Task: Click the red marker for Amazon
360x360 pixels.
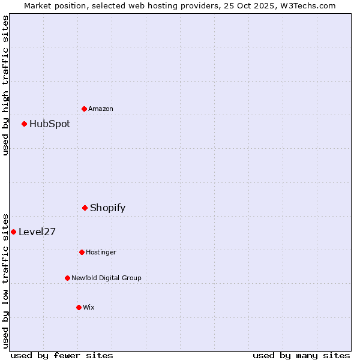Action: [85, 109]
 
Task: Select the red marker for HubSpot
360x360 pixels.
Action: [25, 124]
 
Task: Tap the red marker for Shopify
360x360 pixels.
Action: [85, 208]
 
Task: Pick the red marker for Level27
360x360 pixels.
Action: [14, 232]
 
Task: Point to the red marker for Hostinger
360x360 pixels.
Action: [82, 252]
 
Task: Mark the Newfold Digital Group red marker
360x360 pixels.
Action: [68, 278]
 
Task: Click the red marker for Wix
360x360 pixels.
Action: [79, 307]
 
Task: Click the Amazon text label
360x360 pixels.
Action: [101, 109]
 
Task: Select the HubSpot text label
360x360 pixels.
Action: [50, 124]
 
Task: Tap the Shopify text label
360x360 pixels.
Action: [107, 208]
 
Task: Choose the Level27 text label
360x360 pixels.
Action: [37, 232]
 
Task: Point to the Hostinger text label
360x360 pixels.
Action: [101, 252]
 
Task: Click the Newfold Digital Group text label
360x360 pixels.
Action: [106, 278]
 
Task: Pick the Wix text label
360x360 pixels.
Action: [89, 307]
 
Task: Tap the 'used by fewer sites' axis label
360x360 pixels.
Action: [62, 355]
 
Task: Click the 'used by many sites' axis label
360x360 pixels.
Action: [301, 355]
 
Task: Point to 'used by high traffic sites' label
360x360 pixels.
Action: [5, 85]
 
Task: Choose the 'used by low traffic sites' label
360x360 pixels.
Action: [5, 280]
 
